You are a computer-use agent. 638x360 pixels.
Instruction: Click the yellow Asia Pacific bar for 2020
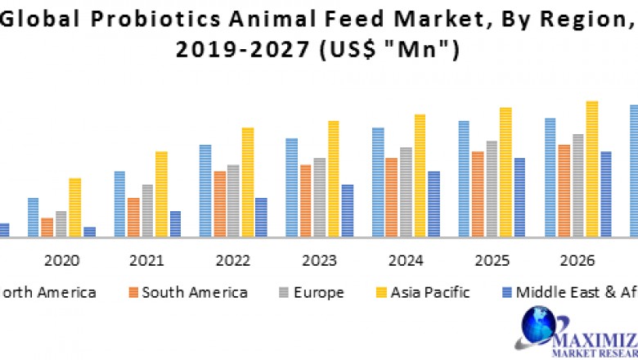tap(75, 208)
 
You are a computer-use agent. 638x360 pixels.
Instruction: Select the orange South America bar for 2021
tap(133, 218)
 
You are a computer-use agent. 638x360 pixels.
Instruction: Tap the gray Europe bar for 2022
tap(233, 201)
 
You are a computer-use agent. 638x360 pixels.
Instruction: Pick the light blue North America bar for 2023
tap(291, 188)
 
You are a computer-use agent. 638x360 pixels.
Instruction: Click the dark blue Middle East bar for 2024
tap(434, 205)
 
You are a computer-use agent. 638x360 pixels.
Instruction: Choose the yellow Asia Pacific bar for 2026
tap(591, 169)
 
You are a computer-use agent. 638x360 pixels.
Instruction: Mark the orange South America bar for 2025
tap(478, 195)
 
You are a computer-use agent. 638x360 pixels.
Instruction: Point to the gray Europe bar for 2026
tap(577, 186)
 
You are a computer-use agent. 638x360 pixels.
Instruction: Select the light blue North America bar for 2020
tap(33, 218)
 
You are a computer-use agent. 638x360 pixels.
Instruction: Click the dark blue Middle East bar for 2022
tap(261, 218)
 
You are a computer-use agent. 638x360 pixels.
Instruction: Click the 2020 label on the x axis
tap(61, 261)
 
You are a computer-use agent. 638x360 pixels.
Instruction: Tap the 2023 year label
tap(319, 261)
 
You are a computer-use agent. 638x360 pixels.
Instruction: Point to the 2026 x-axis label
tap(577, 261)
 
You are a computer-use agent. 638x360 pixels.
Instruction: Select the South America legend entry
tap(194, 292)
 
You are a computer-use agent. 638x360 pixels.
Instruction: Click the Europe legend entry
tap(317, 292)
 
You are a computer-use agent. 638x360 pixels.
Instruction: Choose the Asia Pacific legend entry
tap(429, 292)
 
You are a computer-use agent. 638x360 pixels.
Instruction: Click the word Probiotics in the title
tap(151, 18)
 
